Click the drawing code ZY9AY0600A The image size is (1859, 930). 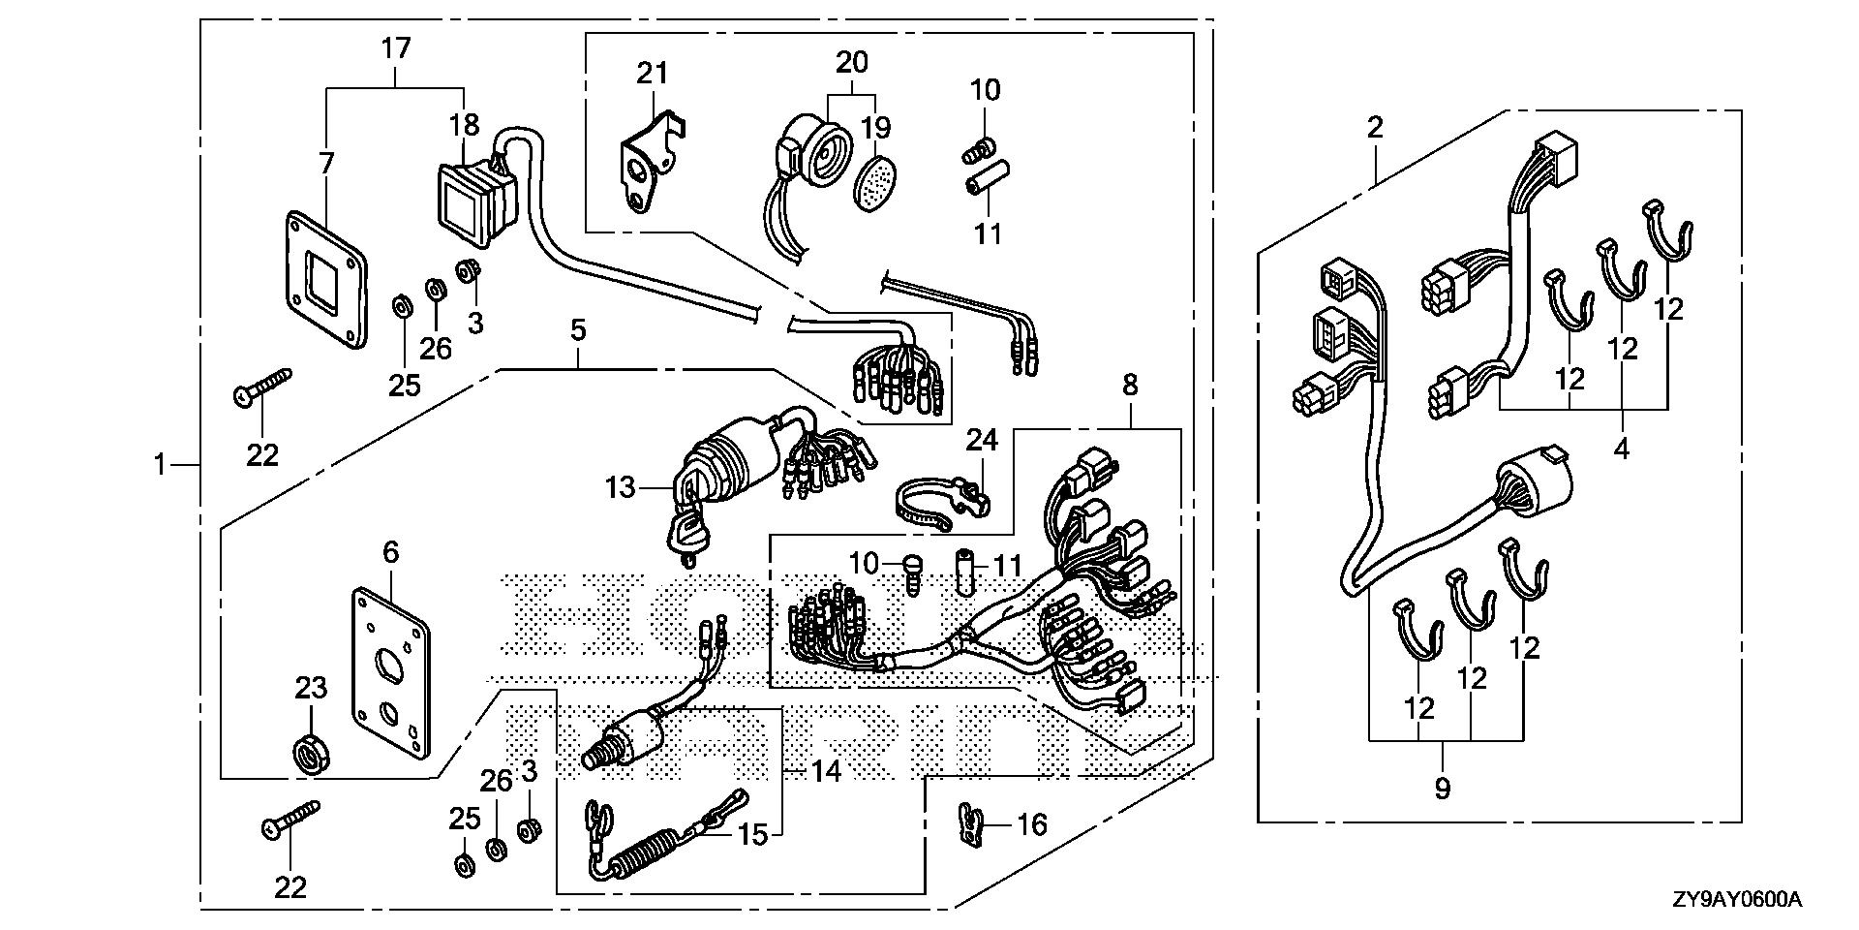tap(1735, 900)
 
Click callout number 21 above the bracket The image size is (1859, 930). tap(653, 73)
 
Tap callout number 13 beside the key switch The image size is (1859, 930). tap(620, 487)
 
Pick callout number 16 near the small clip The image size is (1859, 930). tap(1032, 824)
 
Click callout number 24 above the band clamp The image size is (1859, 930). tap(981, 441)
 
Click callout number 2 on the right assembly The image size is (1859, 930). tap(1375, 127)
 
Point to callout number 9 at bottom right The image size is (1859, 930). tap(1443, 789)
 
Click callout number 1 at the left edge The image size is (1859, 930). tap(160, 466)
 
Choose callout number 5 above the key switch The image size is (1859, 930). tap(578, 329)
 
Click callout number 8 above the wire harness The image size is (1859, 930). tap(1130, 386)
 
